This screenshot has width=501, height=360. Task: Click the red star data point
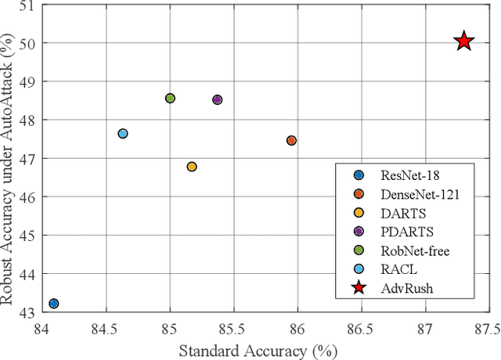point(463,41)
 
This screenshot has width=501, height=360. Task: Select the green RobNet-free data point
point(170,98)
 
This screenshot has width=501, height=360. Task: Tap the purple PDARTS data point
point(218,99)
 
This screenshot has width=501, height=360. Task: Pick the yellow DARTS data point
point(192,167)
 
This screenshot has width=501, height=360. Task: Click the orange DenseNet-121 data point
point(291,140)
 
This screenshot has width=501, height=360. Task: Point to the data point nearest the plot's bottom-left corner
point(53,304)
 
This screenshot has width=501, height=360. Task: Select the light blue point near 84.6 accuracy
point(122,134)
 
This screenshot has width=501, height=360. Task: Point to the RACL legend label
point(396,268)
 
